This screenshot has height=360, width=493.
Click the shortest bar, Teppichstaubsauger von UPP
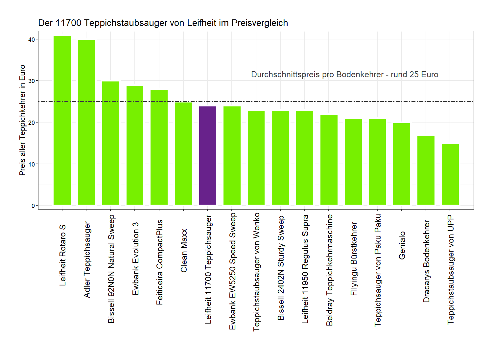[450, 174]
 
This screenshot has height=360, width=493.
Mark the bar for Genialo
[402, 164]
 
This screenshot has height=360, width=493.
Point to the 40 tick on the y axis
[32, 39]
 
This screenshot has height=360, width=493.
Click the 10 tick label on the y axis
[32, 164]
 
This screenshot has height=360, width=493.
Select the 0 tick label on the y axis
[33, 206]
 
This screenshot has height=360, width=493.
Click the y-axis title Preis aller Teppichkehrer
[22, 120]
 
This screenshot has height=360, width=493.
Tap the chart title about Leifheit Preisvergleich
[163, 23]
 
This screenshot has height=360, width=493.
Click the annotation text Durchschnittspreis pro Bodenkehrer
[344, 75]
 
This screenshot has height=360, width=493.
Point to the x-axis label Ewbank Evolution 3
[135, 259]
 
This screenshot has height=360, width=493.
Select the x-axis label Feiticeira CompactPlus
[160, 262]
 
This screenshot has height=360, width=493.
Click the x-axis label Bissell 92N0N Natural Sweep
[111, 269]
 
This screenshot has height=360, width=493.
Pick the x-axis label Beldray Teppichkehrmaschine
[329, 270]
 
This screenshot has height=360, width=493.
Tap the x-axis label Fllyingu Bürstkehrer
[354, 259]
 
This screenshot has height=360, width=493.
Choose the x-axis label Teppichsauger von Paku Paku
[378, 270]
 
